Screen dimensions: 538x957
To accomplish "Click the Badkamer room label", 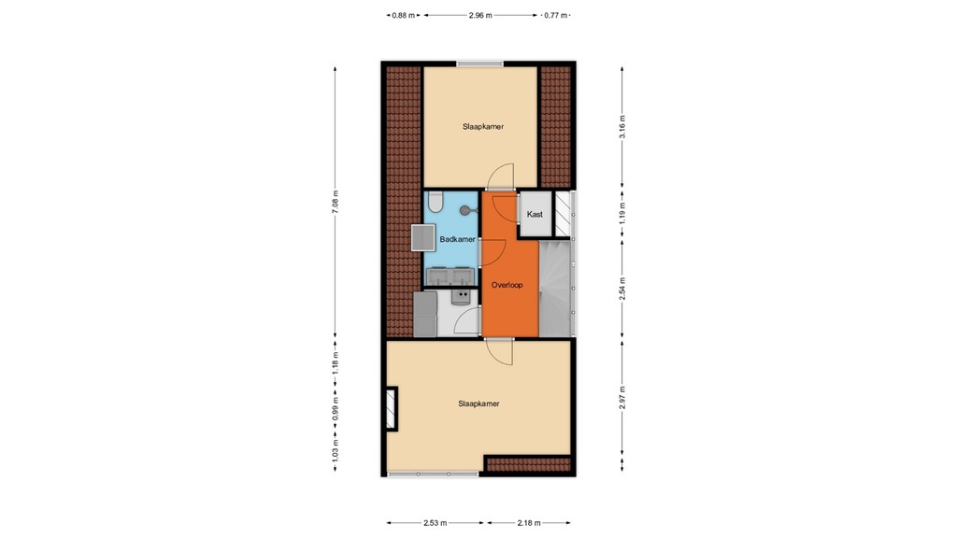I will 458,240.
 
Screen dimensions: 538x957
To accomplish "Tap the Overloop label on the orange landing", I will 509,283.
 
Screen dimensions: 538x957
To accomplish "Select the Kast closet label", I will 535,214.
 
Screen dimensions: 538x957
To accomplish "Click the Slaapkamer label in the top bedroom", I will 483,126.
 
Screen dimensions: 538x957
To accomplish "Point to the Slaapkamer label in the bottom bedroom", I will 478,403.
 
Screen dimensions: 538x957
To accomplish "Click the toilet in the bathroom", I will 435,203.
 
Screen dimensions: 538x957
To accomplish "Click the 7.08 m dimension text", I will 336,203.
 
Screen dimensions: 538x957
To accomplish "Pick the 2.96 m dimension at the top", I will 480,15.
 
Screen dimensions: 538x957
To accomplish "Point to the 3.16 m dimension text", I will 622,126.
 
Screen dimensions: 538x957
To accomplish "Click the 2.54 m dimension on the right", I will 622,288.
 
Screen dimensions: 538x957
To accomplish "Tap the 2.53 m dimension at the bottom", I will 435,523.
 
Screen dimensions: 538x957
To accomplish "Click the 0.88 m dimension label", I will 404,15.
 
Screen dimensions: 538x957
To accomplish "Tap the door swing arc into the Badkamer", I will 495,250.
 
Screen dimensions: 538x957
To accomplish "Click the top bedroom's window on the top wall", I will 480,64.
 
